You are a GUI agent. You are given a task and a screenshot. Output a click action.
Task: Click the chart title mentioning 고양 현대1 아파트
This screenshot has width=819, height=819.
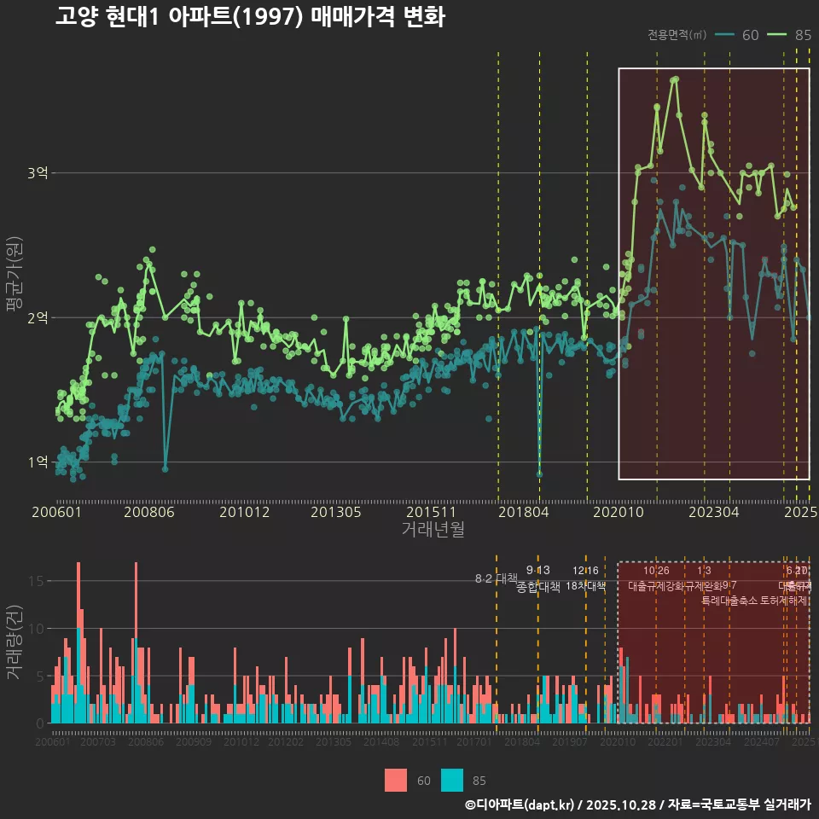[x=249, y=17]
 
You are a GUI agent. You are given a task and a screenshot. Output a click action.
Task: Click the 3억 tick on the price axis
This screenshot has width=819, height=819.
[x=37, y=173]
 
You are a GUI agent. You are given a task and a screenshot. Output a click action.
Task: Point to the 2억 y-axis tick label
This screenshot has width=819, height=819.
[x=37, y=317]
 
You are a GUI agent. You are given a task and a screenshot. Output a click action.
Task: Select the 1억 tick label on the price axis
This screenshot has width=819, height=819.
[x=37, y=462]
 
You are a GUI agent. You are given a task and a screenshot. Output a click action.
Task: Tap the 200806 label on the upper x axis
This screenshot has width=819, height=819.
[x=148, y=513]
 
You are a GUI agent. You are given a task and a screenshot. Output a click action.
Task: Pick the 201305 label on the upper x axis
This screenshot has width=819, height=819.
[x=335, y=513]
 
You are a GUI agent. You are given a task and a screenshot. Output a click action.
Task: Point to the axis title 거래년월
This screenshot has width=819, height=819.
[x=433, y=530]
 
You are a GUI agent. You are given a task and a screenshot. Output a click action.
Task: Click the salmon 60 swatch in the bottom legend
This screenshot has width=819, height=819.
[x=396, y=780]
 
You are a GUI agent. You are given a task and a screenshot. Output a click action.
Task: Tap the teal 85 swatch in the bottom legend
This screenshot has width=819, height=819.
[x=452, y=780]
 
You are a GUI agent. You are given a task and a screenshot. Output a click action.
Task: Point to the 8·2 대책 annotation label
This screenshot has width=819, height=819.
[x=496, y=578]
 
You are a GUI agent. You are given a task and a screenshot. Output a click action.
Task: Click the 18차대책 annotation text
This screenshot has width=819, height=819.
[x=585, y=586]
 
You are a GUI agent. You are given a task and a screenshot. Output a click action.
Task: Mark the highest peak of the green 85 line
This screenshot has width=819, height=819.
[x=676, y=79]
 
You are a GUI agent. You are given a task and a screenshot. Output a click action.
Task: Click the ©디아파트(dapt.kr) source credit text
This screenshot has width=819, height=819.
[x=520, y=804]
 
